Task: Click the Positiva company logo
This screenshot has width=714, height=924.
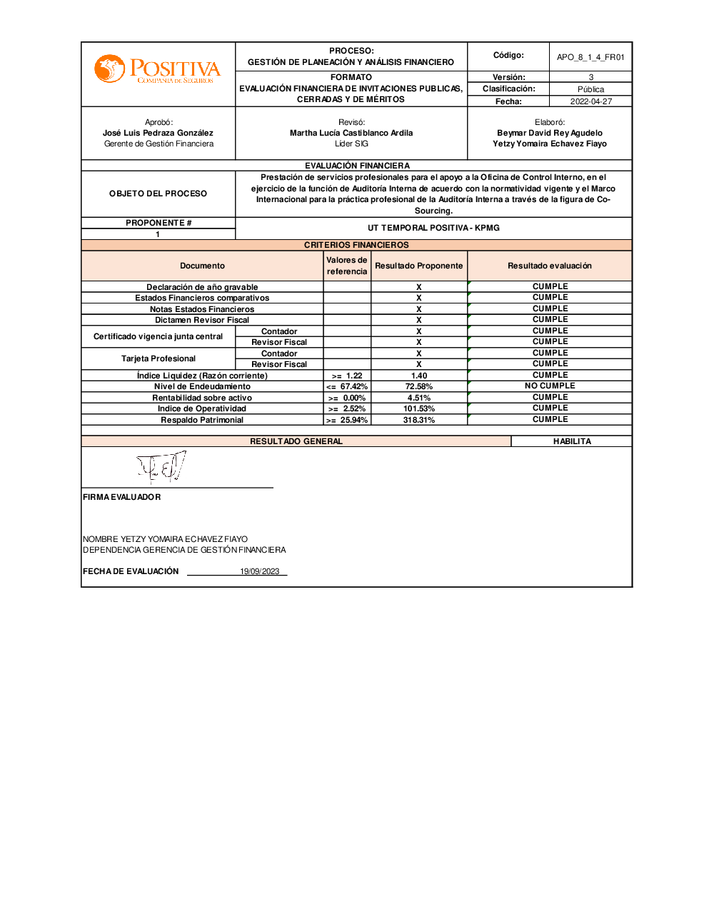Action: (158, 70)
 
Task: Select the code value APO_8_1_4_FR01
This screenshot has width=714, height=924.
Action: (590, 57)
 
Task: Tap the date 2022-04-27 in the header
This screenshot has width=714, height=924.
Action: (590, 101)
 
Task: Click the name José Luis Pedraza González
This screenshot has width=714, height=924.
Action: (158, 133)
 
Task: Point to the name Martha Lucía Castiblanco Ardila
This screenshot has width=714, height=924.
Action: (351, 133)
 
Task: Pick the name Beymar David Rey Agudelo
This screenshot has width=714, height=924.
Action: (550, 133)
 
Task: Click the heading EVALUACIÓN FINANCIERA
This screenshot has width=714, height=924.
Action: (357, 166)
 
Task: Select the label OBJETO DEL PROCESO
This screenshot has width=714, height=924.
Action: (158, 194)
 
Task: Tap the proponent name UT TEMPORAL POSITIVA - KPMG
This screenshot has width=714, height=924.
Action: (433, 228)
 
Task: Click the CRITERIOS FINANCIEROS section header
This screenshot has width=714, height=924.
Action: (356, 245)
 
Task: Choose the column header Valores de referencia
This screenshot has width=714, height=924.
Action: (347, 266)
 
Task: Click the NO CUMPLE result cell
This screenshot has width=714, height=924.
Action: (550, 386)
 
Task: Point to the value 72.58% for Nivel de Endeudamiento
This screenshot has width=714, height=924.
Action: (419, 386)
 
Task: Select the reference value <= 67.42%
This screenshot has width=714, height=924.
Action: (347, 386)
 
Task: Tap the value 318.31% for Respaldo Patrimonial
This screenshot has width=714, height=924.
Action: (419, 420)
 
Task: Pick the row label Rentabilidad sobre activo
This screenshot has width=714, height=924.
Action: (202, 398)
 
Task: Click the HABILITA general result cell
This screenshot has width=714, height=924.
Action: (572, 441)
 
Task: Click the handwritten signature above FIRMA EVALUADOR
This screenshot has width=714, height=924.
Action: (161, 467)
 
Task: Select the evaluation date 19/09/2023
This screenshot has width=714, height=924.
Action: (259, 571)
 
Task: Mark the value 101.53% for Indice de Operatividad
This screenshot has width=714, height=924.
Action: (419, 408)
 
